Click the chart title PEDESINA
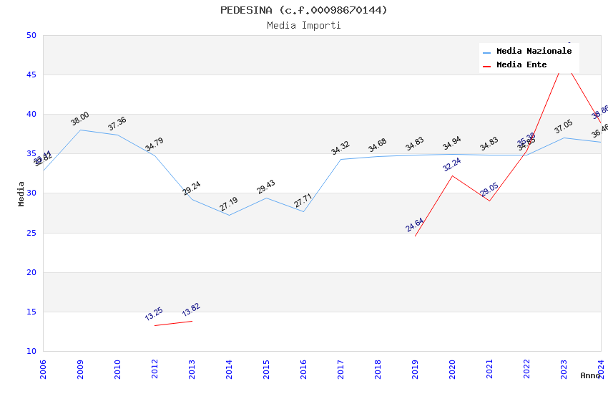coord(303,10)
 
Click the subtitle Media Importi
coord(303,26)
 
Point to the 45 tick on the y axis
coord(31,75)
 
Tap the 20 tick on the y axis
coord(31,272)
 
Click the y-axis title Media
coord(21,193)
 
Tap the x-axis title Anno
coord(590,375)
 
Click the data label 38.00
coord(80,119)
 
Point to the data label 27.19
coord(229,204)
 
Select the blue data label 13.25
coord(154,314)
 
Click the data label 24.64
coord(415,225)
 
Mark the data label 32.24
coord(452,164)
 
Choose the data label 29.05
coord(489,189)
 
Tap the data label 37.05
coord(564,127)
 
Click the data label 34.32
coord(340,148)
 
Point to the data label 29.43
coord(266,187)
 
